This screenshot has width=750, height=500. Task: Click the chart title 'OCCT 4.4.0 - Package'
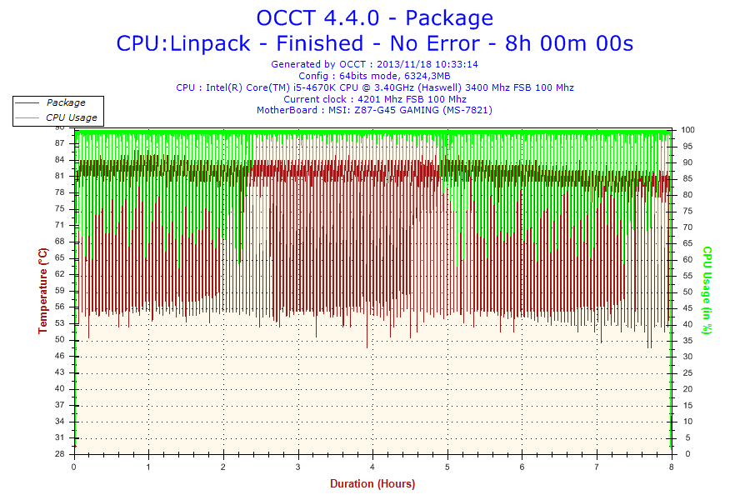[374, 17]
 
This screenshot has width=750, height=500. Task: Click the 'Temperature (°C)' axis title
[42, 290]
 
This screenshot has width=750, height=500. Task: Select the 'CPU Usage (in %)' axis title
[707, 290]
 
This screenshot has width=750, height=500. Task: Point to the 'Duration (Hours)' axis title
[372, 483]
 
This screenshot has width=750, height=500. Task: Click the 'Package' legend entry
[65, 102]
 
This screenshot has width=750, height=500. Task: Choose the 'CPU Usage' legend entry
[71, 117]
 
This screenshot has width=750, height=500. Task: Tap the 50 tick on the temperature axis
[59, 340]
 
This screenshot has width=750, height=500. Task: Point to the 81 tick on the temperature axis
[59, 176]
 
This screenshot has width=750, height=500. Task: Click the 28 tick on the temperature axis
[59, 454]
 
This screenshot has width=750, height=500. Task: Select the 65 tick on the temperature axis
[59, 258]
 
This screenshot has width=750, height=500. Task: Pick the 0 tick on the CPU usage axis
[683, 454]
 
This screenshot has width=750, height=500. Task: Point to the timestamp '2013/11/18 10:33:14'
[427, 64]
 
